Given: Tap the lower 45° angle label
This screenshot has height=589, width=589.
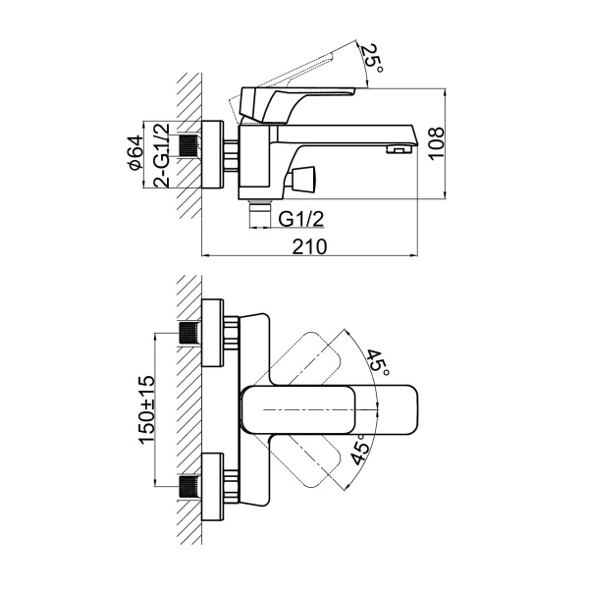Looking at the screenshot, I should pos(360,449).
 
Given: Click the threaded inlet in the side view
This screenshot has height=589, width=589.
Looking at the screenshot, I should pos(189,148).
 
